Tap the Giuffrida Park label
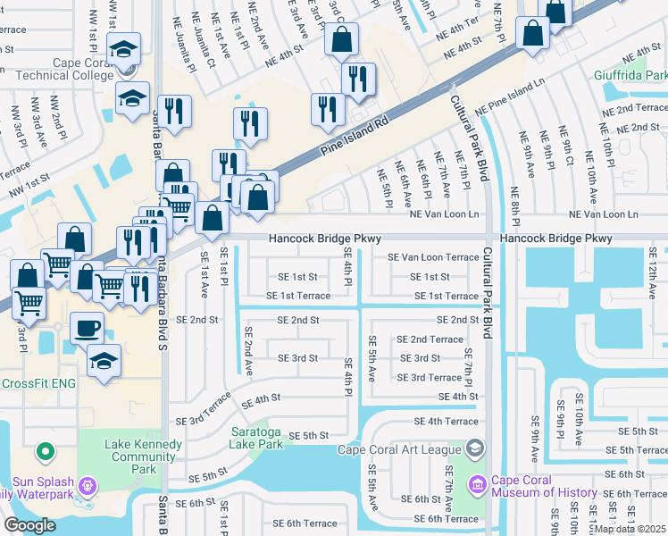[630, 76]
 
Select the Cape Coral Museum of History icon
[476, 483]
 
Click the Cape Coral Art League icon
[475, 448]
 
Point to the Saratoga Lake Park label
[255, 437]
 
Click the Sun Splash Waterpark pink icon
[88, 486]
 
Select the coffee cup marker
[86, 328]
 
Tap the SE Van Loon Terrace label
[432, 257]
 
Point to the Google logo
[29, 525]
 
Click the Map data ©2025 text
[629, 529]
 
